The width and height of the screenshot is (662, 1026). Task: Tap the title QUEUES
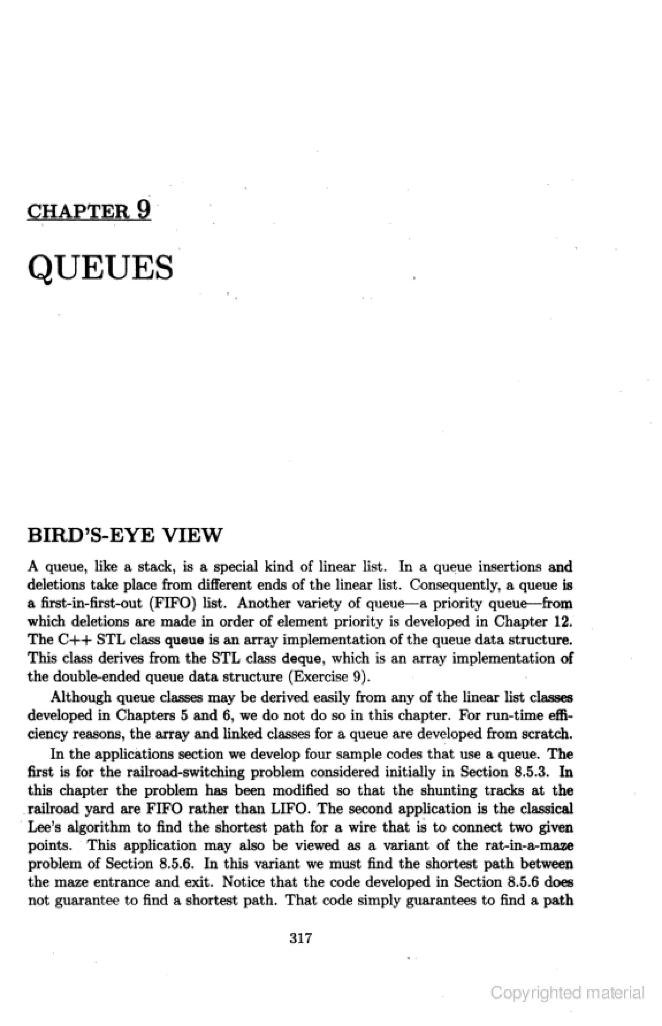100,268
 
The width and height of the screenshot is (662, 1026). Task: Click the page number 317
301,938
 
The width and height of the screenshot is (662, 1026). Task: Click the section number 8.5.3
532,772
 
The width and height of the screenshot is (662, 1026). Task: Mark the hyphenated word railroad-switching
186,772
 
